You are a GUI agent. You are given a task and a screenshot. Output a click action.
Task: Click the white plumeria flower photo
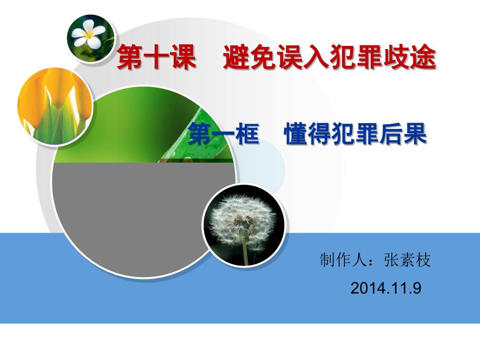pos(91,38)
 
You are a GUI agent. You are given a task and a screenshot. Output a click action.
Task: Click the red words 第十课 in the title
pos(157,57)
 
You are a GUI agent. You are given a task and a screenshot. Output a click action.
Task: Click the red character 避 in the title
pos(236,57)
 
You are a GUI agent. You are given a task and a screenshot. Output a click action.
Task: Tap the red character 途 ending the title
pos(423,57)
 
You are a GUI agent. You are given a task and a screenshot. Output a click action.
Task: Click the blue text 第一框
pos(224,134)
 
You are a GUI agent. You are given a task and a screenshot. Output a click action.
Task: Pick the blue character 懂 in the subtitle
pos(296,134)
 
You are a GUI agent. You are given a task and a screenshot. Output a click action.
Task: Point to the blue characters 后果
pos(403,134)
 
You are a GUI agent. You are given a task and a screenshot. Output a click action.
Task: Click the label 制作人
pos(343,260)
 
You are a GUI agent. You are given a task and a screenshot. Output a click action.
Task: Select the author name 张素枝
pos(407,260)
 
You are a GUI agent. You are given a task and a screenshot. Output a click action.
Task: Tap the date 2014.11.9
pos(386,288)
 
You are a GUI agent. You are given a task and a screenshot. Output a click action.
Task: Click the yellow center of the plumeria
pos(90,35)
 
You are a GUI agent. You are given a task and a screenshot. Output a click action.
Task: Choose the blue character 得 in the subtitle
pos(320,134)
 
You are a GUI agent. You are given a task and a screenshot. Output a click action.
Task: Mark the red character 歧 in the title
pos(397,57)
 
